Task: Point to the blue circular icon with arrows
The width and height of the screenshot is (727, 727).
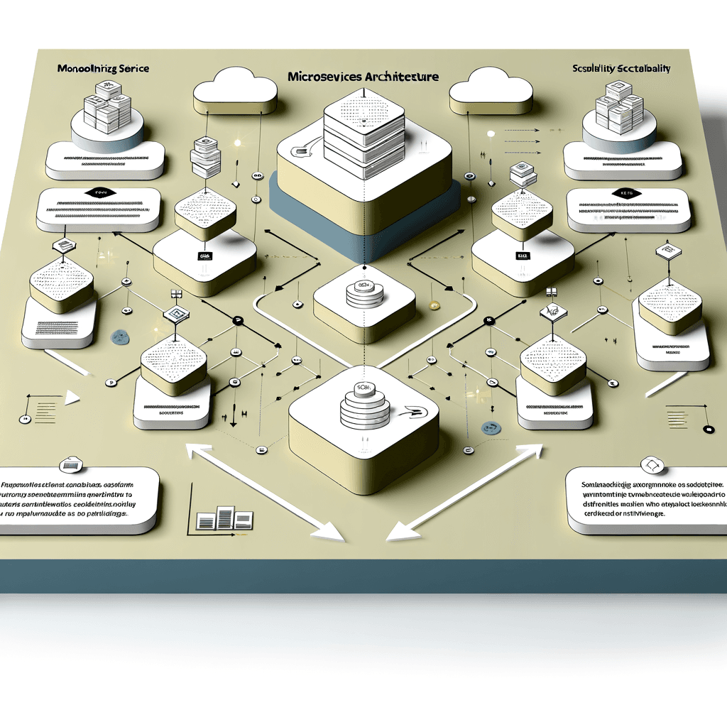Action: coord(489,427)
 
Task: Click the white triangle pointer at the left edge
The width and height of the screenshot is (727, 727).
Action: coord(71,398)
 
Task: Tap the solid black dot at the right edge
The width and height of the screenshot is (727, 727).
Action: coord(707,430)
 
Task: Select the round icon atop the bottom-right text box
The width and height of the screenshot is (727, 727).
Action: coord(652,465)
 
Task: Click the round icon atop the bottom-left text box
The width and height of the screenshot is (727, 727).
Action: coord(71,465)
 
